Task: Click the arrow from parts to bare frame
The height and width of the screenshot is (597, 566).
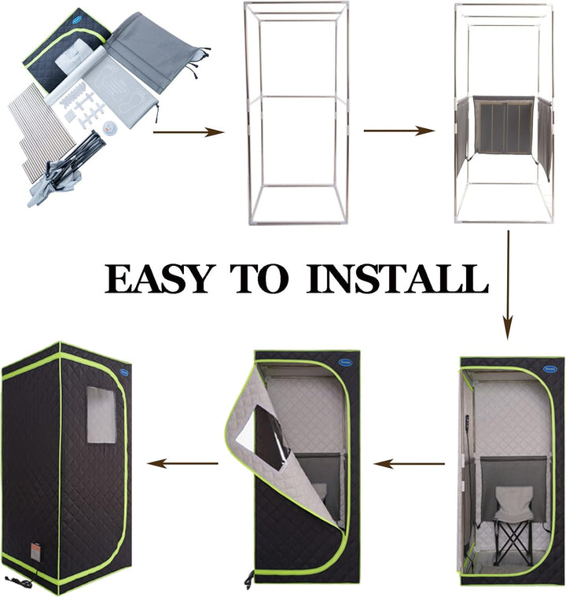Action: tap(189, 133)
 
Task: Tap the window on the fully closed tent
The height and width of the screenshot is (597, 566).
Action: tap(100, 414)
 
